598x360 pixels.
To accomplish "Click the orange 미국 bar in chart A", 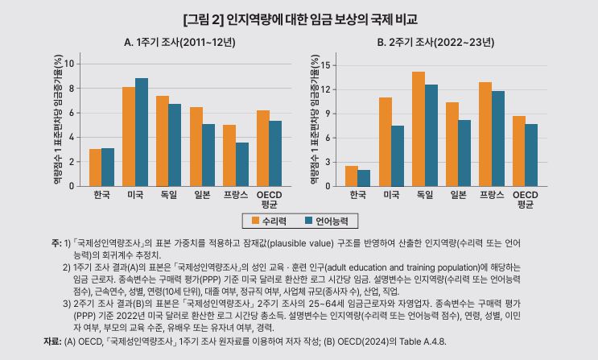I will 128,136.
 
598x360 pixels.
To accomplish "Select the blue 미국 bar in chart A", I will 142,132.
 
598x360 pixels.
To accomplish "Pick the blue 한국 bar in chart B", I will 365,178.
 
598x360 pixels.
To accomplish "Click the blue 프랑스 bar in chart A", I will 242,164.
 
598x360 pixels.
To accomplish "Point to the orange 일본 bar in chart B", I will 452,144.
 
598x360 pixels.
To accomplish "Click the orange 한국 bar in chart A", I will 95,168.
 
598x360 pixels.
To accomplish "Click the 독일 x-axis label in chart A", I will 168,195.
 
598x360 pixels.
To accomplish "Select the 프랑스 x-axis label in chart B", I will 492,195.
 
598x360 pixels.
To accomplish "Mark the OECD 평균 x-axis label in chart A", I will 270,199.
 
